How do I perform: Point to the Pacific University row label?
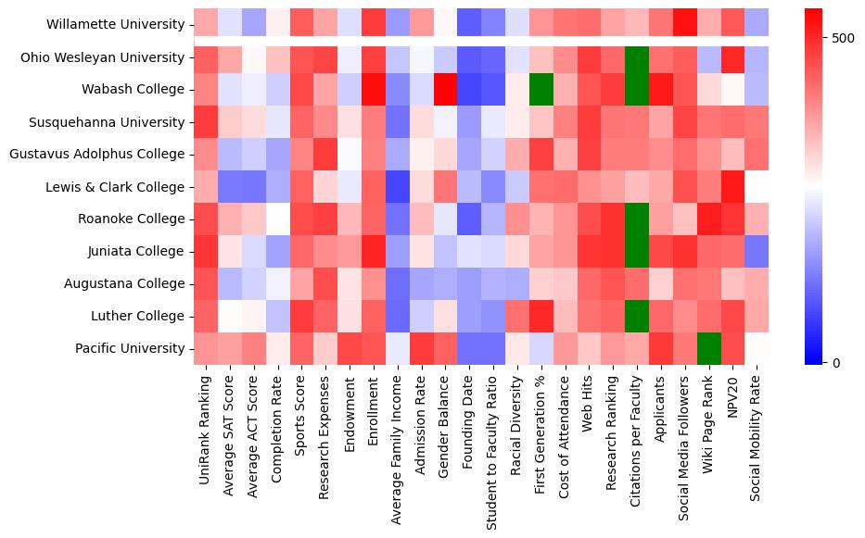(x=129, y=348)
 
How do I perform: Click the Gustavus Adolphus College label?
(x=97, y=155)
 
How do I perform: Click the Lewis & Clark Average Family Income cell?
(x=397, y=187)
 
